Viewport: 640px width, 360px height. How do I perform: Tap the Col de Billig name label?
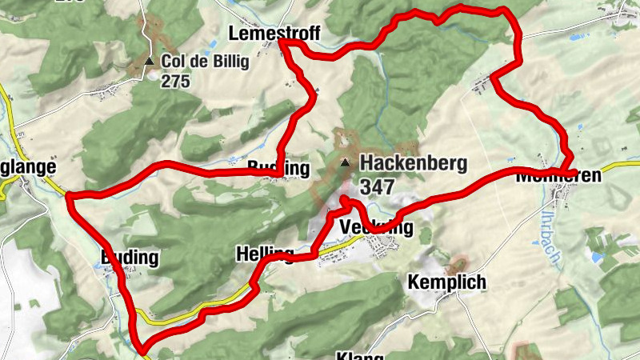206,61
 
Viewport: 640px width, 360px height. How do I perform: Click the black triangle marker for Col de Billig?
149,61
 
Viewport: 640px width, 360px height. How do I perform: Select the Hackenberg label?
413,163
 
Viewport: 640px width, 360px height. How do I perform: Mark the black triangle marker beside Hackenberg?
345,163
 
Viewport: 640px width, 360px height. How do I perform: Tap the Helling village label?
265,254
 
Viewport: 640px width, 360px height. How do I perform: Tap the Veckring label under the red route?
377,229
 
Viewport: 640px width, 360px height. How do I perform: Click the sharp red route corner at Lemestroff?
282,43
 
